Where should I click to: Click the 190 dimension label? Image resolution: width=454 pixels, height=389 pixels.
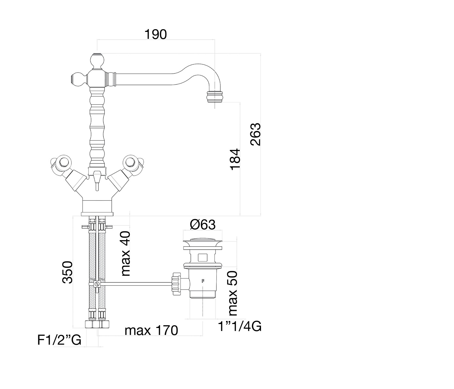pyautogui.click(x=155, y=35)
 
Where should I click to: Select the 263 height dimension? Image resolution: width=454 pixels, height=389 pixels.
pyautogui.click(x=256, y=134)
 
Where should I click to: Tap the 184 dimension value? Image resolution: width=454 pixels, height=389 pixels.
pyautogui.click(x=235, y=159)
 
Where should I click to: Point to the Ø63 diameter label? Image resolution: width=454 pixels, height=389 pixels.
pyautogui.click(x=203, y=225)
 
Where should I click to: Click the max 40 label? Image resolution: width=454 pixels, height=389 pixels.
pyautogui.click(x=125, y=254)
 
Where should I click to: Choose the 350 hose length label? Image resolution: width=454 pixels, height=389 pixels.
pyautogui.click(x=68, y=272)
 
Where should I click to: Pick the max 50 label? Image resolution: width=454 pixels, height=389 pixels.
pyautogui.click(x=233, y=293)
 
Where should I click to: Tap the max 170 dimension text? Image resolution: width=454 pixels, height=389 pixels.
pyautogui.click(x=151, y=330)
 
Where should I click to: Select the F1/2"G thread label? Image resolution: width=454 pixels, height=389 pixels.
pyautogui.click(x=59, y=340)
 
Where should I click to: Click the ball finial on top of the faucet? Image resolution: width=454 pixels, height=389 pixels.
pyautogui.click(x=97, y=60)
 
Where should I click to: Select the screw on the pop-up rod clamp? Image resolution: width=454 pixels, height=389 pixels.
pyautogui.click(x=97, y=284)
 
